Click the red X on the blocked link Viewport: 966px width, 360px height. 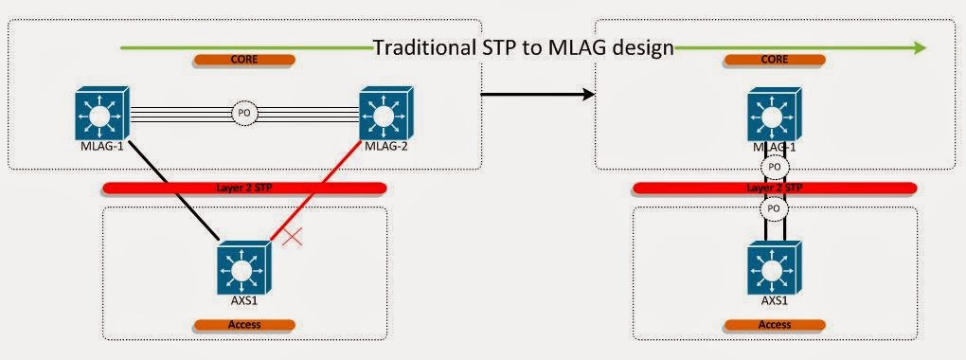[293, 236]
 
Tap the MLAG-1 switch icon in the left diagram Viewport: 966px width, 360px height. [101, 116]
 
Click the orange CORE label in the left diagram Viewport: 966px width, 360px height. [242, 60]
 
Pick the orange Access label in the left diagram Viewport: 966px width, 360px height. [243, 324]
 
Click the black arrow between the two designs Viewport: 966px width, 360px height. [538, 94]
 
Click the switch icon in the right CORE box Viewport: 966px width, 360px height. [774, 116]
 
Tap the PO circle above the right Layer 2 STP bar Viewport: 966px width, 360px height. [774, 168]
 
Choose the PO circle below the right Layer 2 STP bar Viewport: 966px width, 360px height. [774, 207]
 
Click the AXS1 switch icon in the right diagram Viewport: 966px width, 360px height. [774, 269]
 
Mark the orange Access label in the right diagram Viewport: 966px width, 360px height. [774, 324]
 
